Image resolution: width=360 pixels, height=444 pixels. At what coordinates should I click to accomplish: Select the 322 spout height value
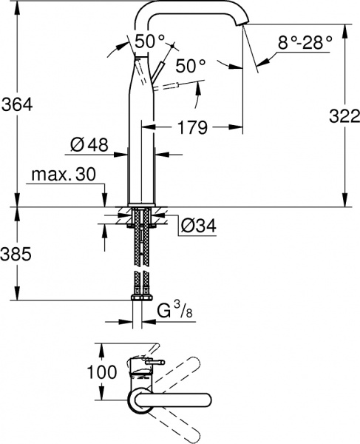pyautogui.click(x=342, y=115)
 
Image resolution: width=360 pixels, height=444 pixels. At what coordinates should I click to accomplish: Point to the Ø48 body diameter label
pyautogui.click(x=89, y=146)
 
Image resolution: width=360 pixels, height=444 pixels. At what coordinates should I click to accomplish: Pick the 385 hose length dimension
pyautogui.click(x=17, y=255)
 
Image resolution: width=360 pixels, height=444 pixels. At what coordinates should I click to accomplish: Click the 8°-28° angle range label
pyautogui.click(x=305, y=43)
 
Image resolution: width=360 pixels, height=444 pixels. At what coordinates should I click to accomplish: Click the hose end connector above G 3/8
pyautogui.click(x=141, y=298)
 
